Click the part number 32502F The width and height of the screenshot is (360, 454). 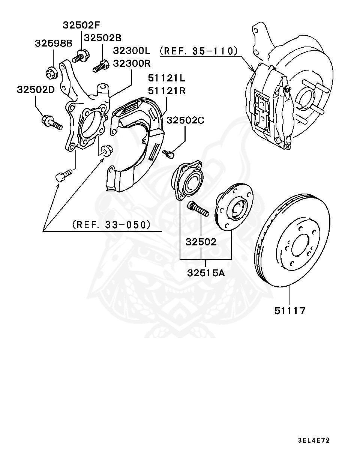point(82,25)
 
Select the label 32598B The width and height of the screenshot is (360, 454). point(54,44)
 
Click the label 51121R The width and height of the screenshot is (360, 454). point(166,91)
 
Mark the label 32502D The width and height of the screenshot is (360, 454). point(36,90)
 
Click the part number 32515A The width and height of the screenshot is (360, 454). point(205,273)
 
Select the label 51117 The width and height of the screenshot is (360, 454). point(289,310)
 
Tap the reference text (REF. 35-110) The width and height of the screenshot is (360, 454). point(198,51)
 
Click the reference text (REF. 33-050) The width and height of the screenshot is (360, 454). point(111,225)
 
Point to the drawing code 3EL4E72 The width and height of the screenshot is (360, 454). point(314,440)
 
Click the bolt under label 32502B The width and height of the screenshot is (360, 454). point(100,66)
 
